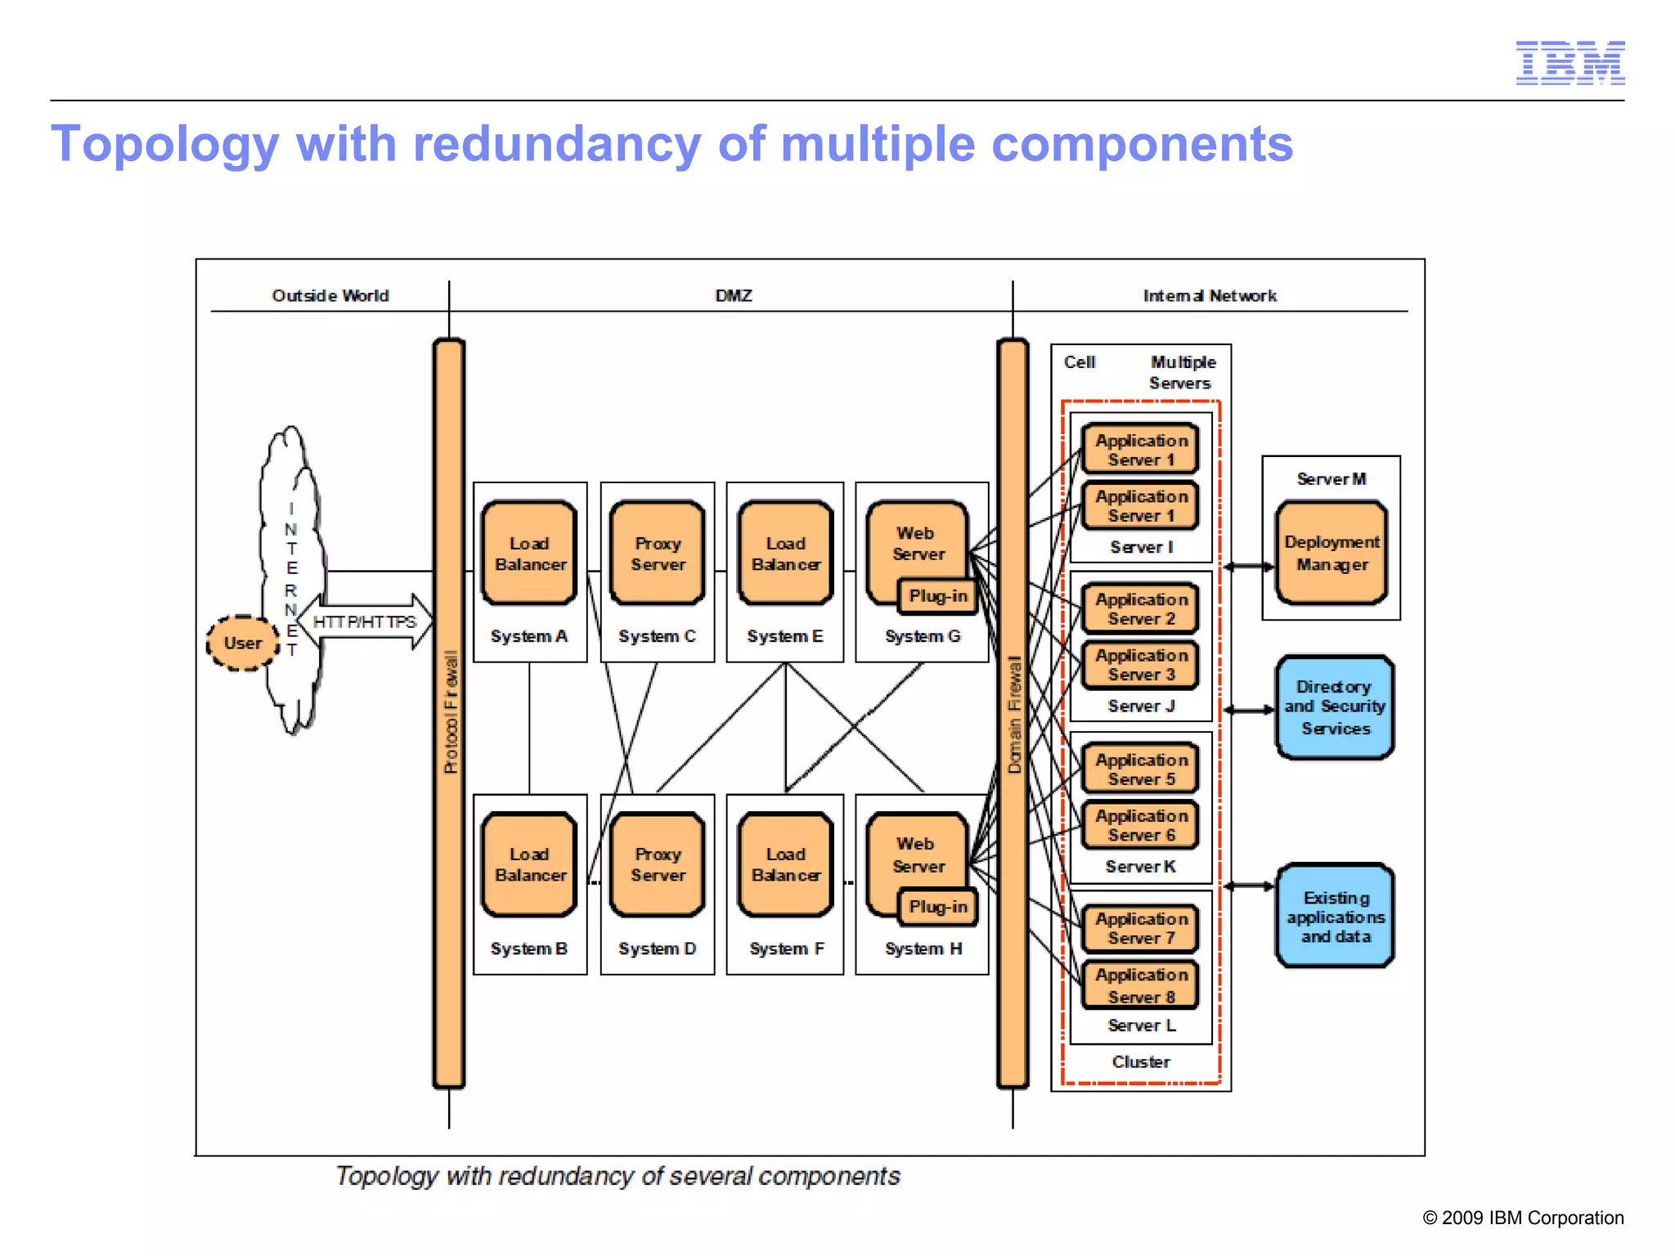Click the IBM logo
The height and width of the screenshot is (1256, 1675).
point(1569,63)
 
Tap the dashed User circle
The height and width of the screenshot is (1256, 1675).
point(242,644)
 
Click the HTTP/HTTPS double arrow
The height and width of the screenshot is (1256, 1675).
point(365,622)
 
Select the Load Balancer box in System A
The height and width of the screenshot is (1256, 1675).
point(529,554)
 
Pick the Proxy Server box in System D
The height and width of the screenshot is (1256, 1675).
point(658,864)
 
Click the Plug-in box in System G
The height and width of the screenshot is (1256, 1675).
point(937,596)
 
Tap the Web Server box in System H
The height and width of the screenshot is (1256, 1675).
point(916,855)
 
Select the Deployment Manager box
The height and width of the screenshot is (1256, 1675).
point(1331,554)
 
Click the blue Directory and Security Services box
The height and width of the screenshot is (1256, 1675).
point(1334,707)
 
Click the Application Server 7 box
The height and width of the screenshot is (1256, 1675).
point(1141,928)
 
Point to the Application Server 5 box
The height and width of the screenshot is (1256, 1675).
point(1141,769)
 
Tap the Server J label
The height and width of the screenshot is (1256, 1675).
point(1141,706)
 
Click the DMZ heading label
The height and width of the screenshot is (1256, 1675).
point(733,296)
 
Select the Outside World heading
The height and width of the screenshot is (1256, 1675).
point(330,296)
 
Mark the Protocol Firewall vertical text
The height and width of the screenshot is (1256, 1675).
point(451,711)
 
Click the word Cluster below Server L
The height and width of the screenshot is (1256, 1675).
point(1141,1061)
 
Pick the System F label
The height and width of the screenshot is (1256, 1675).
point(786,949)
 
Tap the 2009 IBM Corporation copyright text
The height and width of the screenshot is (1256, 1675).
point(1523,1218)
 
